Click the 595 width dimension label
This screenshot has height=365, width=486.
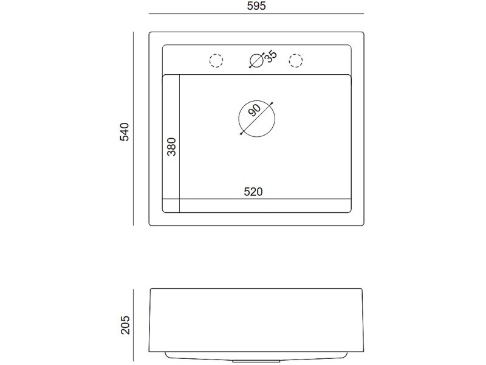coord(256,6)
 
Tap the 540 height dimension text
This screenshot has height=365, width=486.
coord(125,132)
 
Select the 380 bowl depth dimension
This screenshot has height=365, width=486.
coord(171,147)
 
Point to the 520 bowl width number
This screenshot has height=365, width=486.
coord(253,192)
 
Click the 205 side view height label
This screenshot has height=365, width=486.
coord(125,325)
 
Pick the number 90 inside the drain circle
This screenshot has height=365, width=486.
coord(255,110)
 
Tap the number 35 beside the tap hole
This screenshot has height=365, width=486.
coord(270,57)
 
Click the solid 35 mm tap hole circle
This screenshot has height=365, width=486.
coord(256,60)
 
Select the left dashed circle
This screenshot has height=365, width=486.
coord(216,60)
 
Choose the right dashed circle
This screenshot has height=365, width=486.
coord(296,60)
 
